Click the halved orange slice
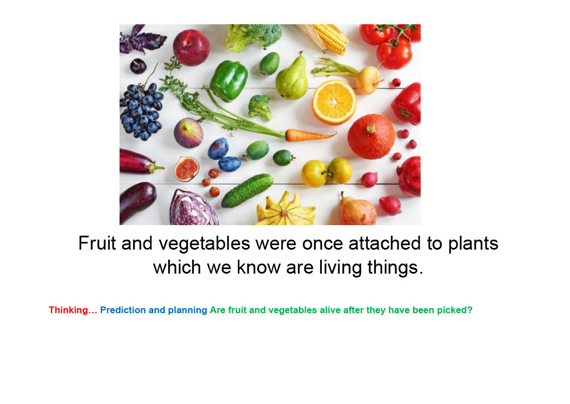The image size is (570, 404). coord(334,103)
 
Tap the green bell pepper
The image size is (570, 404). coord(228,81)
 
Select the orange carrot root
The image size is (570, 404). coord(311,135)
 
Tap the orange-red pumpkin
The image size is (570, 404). coord(371,137)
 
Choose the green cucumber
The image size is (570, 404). coord(248,191)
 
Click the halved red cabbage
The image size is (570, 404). coord(193,208)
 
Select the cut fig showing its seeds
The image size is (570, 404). coord(186,169)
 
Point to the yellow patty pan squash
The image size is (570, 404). coord(286,210)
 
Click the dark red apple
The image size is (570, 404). coord(191,48)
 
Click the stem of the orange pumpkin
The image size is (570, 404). coord(371,128)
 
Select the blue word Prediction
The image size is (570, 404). coord(123,310)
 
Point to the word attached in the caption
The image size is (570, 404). coord(385,243)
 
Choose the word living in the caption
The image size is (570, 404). coord(341,267)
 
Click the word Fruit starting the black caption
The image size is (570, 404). coord(97,243)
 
